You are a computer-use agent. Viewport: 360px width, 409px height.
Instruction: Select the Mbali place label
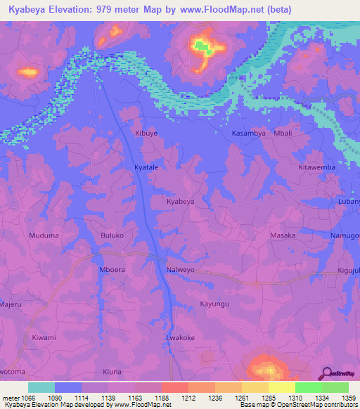283,132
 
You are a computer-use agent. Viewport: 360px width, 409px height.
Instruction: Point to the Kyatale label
147,167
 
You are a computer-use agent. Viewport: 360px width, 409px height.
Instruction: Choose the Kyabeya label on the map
180,202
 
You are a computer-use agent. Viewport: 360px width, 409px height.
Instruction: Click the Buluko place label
112,235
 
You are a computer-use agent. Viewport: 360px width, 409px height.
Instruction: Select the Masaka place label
283,235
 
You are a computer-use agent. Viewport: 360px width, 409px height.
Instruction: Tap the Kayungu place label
215,304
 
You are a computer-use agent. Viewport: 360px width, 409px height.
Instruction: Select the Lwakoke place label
180,337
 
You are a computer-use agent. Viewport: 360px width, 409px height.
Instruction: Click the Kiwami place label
44,337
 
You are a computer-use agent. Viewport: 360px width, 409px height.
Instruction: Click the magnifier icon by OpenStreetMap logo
328,375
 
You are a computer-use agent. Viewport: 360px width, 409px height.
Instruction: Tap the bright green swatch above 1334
308,387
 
